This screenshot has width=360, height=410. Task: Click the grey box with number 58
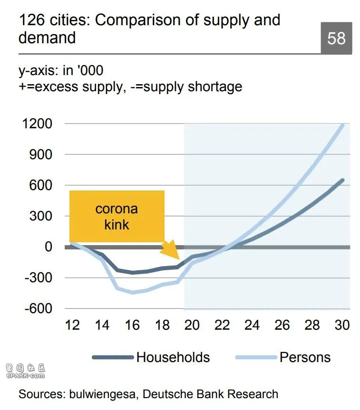tap(336, 38)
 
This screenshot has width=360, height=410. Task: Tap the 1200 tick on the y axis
tap(37, 124)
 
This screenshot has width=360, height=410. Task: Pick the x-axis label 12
tap(72, 325)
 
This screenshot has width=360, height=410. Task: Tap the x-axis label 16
tap(132, 325)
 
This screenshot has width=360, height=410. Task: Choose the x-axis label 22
tap(222, 325)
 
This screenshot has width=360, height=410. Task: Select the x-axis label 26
tap(282, 325)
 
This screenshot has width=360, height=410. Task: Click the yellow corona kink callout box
tap(117, 216)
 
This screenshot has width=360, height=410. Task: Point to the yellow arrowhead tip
tap(179, 259)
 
